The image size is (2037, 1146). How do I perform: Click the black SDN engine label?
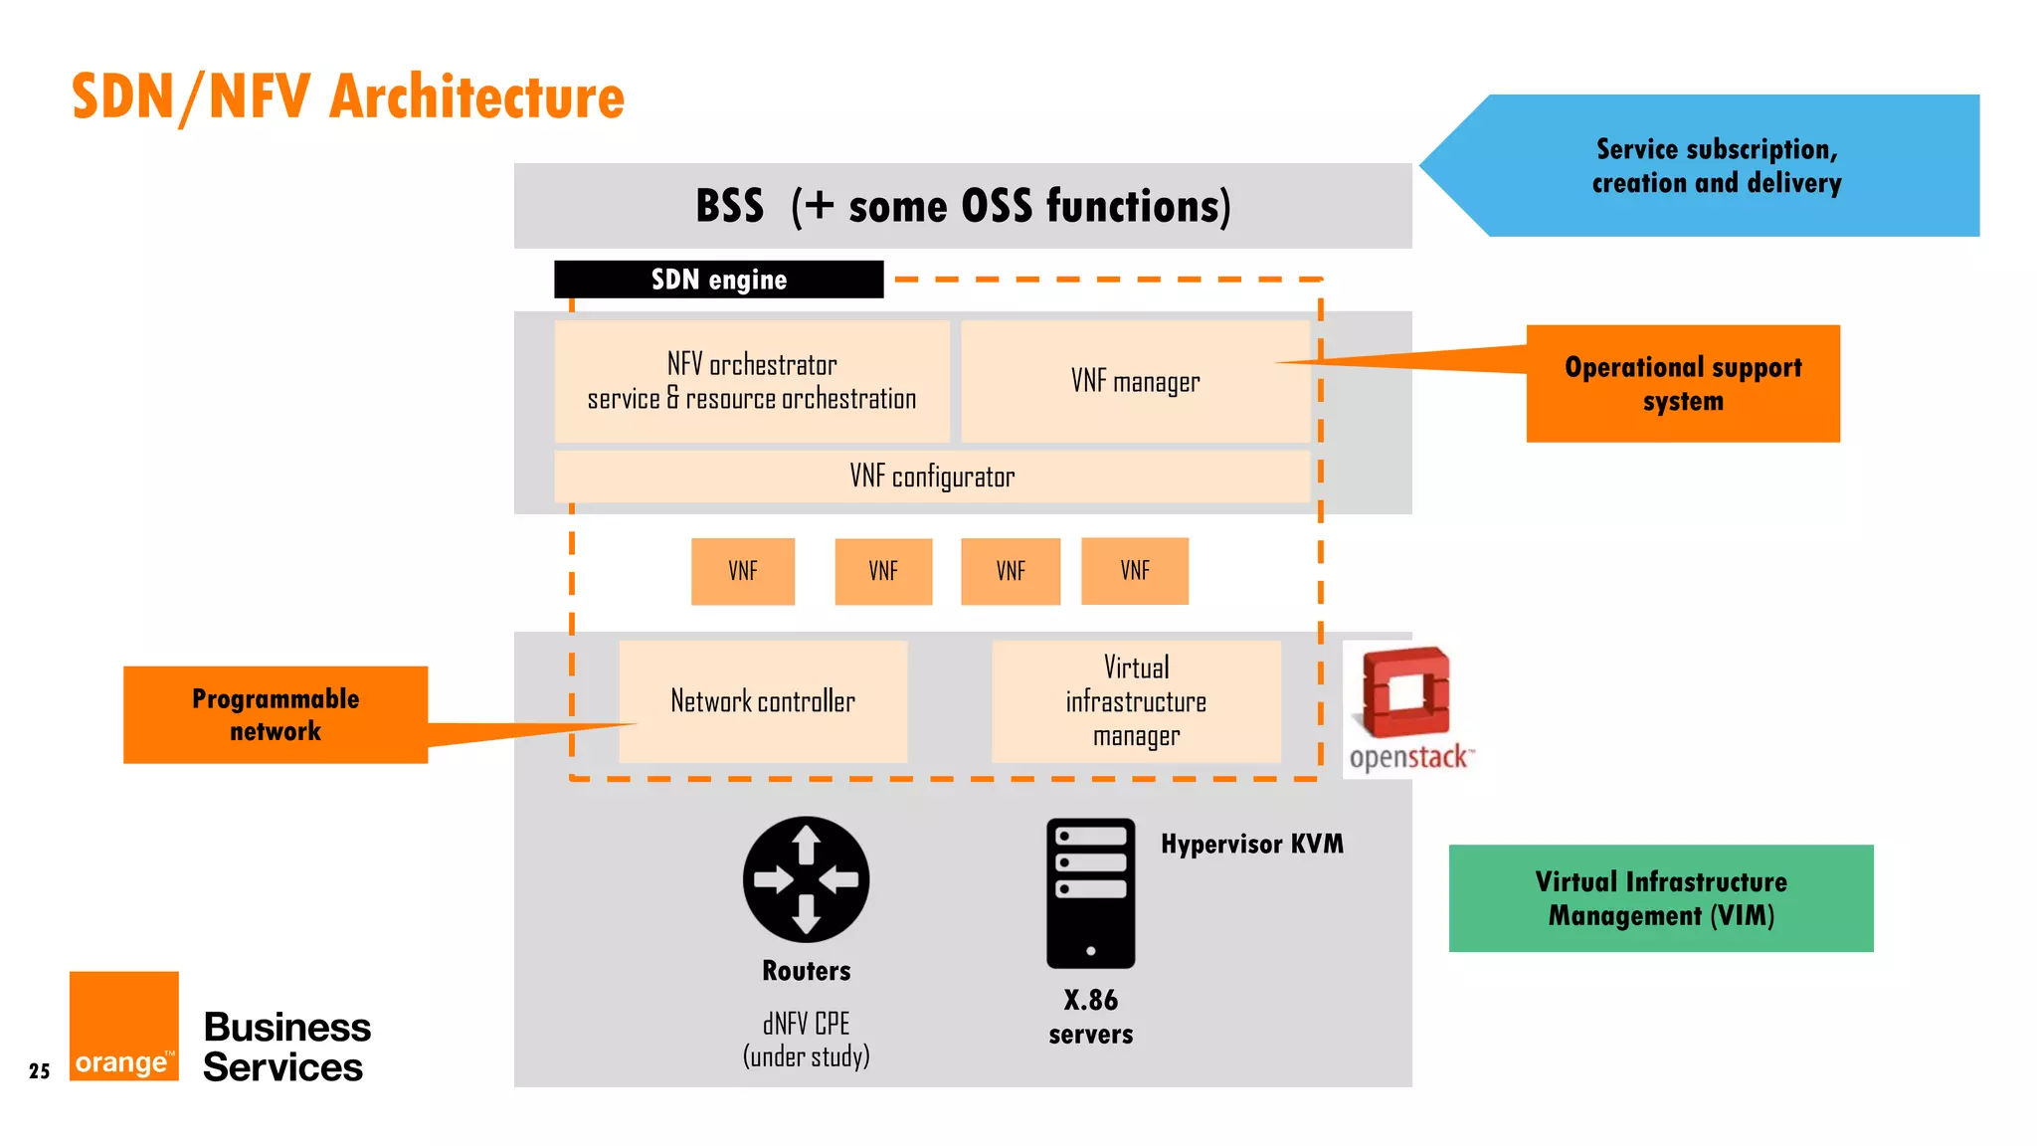[x=718, y=280]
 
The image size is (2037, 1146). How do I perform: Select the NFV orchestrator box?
[x=752, y=382]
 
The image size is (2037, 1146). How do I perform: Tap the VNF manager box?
[x=1135, y=382]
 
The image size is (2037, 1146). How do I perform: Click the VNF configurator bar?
[x=932, y=477]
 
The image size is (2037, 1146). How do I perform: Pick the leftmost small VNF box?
[x=743, y=571]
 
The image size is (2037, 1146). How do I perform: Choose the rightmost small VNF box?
[x=1134, y=571]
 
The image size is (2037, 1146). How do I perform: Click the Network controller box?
[x=763, y=701]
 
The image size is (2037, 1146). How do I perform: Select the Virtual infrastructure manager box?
[x=1136, y=701]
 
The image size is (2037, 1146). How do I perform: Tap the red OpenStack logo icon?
[x=1405, y=693]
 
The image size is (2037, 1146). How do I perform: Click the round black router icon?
[x=806, y=879]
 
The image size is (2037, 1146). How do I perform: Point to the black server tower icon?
[x=1090, y=892]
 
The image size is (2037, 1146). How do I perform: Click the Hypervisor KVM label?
[x=1251, y=845]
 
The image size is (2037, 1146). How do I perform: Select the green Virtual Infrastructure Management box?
[x=1660, y=898]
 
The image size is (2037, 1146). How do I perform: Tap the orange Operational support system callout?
[x=1683, y=384]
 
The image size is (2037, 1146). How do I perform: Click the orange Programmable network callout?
[x=276, y=715]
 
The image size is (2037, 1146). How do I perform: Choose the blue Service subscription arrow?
[x=1716, y=166]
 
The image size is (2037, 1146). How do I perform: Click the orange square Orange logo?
[x=124, y=1026]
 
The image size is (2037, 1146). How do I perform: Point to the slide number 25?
[x=40, y=1071]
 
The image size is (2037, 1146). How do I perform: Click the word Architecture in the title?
[x=476, y=97]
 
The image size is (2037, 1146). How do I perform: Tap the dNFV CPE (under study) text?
[x=806, y=1040]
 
